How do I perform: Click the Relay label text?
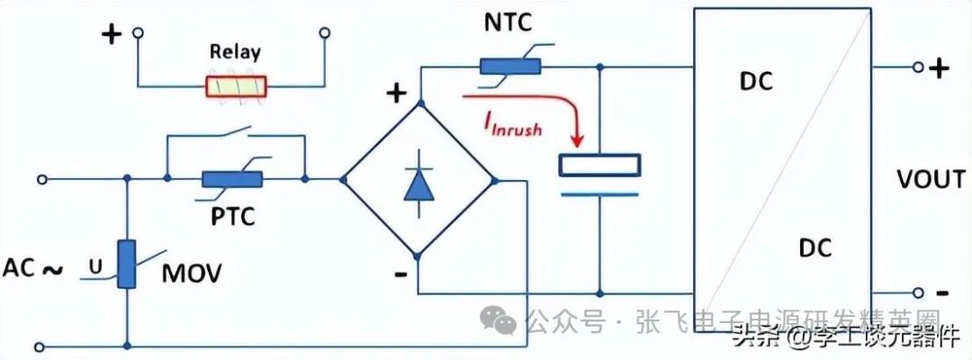point(235,52)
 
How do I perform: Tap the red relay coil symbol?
point(236,86)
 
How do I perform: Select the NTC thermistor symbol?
point(509,66)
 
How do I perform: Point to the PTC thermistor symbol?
point(232,179)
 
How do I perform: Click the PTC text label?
point(233,217)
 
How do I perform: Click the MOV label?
point(192,271)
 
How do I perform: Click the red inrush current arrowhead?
point(576,141)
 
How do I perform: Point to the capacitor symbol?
point(599,175)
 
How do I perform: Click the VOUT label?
point(931,180)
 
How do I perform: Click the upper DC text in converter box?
point(757,81)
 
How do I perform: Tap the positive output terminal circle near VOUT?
point(918,67)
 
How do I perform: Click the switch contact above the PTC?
point(236,140)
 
